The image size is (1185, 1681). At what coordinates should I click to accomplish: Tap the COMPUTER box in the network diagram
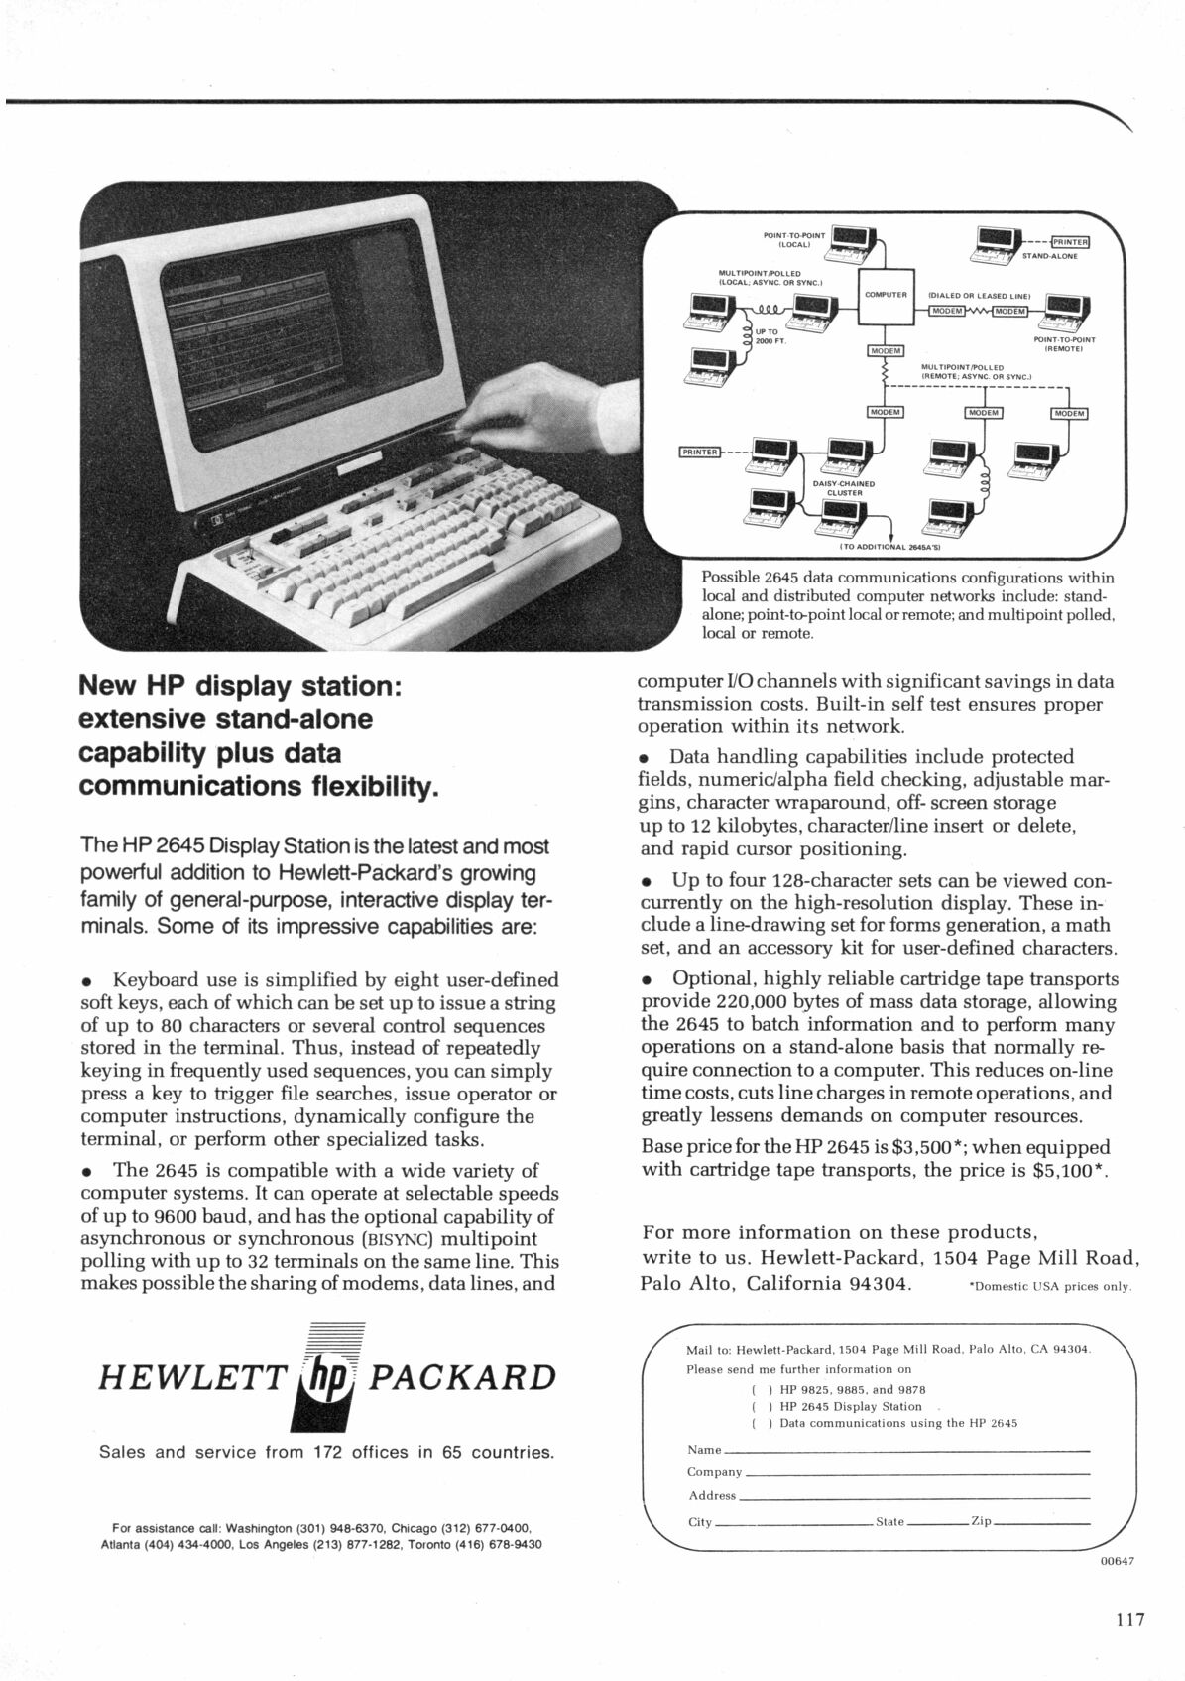886,295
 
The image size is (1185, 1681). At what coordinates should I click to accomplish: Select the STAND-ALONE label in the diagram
1049,255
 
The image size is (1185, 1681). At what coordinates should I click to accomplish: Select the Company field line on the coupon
916,1472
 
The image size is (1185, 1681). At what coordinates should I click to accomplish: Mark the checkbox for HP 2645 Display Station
760,1406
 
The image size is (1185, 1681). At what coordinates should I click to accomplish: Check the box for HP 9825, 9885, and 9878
760,1389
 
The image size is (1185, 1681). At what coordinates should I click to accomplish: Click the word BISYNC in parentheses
398,1239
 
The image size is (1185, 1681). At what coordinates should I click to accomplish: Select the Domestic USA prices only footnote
1049,1287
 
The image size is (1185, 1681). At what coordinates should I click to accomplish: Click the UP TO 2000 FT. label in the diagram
770,336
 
